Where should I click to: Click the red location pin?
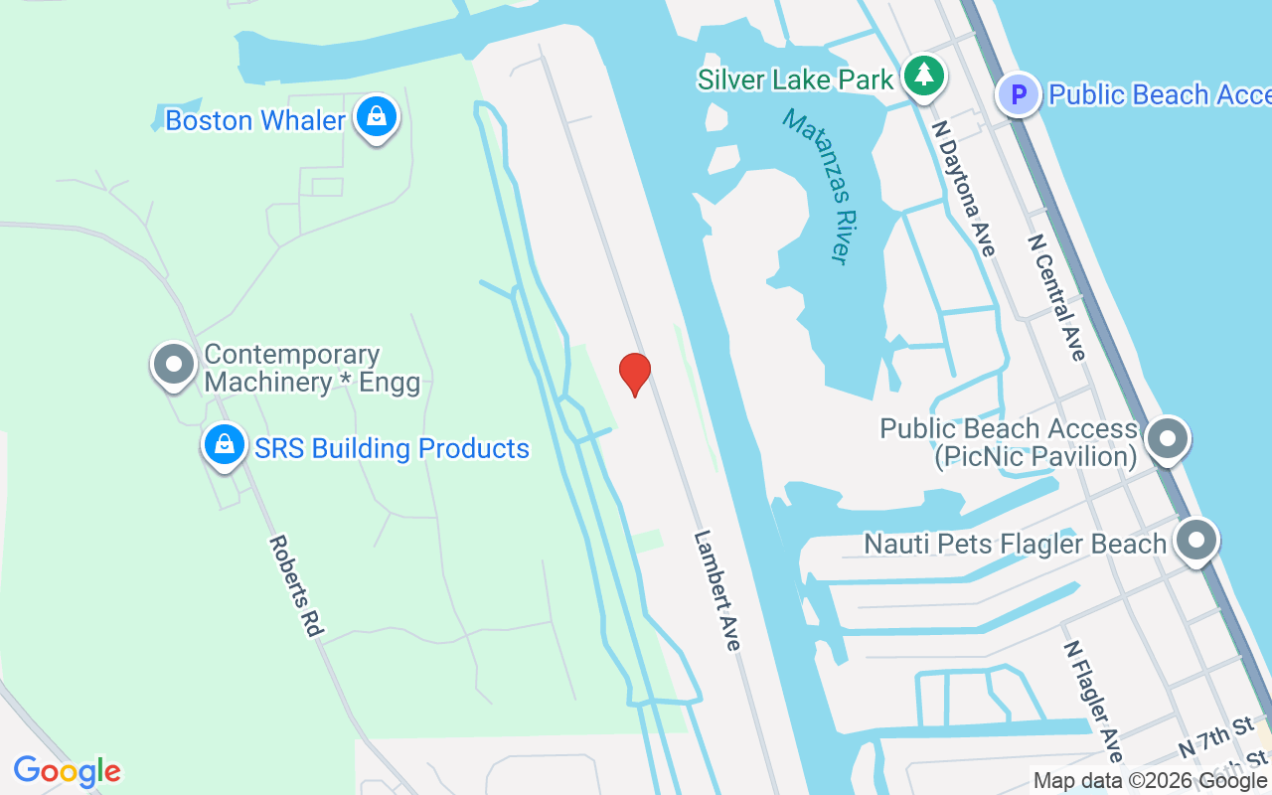635,374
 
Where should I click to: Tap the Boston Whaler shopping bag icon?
377,117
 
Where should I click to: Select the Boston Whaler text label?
255,120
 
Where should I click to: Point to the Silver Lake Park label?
795,79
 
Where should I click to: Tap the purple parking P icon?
1019,95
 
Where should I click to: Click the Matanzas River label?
819,186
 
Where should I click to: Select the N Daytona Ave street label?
964,188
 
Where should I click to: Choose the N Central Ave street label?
1057,297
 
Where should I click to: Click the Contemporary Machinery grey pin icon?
174,364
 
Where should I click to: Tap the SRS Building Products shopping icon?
226,445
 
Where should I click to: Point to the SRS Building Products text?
392,448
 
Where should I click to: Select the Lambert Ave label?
717,590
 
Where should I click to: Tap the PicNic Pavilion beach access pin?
1167,438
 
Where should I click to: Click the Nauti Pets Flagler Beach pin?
1196,541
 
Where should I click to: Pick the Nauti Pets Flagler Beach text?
1015,545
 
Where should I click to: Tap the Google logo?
67,771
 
